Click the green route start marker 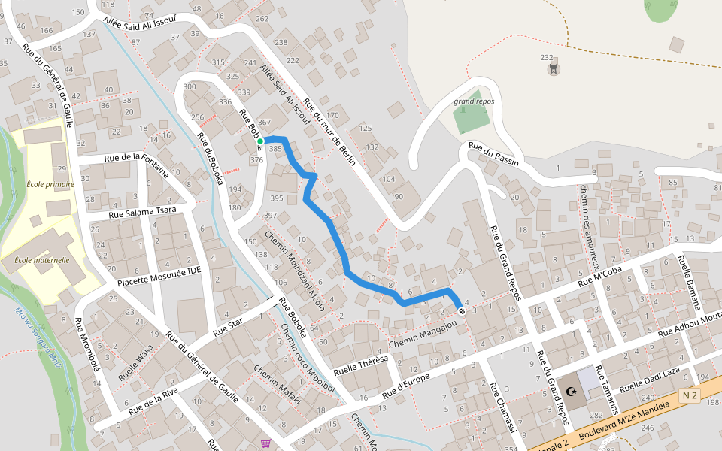(x=260, y=141)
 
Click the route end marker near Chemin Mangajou (x=461, y=310)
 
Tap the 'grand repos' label (x=474, y=101)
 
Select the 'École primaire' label (x=50, y=184)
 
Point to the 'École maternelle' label (x=42, y=260)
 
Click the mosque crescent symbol (x=572, y=392)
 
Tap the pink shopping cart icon (x=265, y=443)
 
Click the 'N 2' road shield (x=690, y=395)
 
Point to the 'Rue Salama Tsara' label (x=142, y=213)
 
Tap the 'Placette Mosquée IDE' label (x=159, y=277)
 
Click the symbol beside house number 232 (x=554, y=70)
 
